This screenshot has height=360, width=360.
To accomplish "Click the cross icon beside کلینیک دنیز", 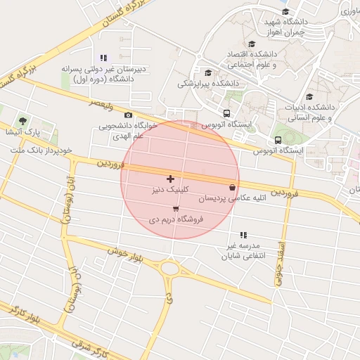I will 171,179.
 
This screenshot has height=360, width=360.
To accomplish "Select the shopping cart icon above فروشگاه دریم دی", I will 175,208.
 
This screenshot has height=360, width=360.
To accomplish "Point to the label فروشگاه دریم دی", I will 176,219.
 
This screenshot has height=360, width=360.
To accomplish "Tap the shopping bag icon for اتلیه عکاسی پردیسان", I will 232,187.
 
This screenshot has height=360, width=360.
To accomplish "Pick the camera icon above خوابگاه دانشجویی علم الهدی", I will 127,115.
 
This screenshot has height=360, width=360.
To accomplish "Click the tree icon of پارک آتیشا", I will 23,121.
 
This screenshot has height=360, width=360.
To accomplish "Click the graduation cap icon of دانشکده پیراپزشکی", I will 207,72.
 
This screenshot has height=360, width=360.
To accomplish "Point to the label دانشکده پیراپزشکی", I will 207,84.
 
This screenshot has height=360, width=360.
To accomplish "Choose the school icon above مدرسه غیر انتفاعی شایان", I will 243,235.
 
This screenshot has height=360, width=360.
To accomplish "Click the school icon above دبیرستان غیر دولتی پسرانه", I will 103,58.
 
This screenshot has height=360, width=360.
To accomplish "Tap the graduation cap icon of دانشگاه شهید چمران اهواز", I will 285,11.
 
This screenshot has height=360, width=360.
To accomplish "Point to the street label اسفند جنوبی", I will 282,267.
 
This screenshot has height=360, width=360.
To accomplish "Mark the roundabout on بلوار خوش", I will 169,268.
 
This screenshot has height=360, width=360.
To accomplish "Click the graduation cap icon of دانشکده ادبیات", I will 309,97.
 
